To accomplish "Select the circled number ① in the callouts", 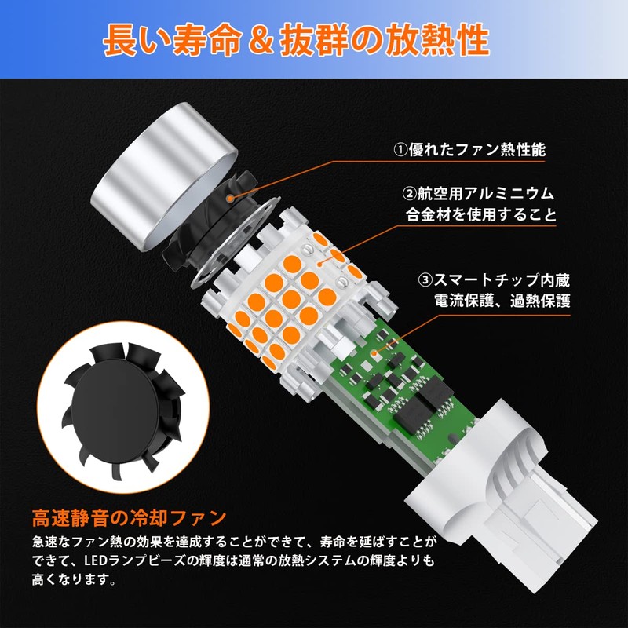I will point(401,148).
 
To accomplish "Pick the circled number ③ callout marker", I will point(425,279).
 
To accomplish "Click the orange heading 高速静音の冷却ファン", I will point(130,519).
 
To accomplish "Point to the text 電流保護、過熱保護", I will point(502,301).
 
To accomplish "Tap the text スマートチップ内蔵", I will point(502,279).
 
